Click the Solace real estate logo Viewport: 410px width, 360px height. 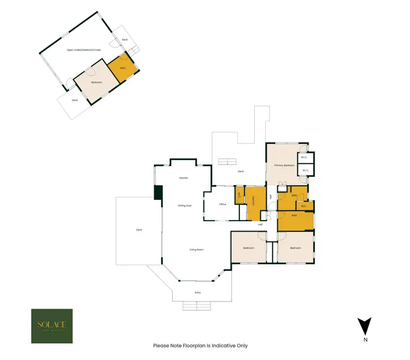click(x=51, y=326)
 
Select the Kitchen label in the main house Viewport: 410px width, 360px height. click(x=184, y=179)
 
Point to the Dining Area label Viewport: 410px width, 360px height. click(x=184, y=206)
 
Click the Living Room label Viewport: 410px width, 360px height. click(x=196, y=250)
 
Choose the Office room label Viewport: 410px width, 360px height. click(x=222, y=204)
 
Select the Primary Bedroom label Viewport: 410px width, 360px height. click(x=285, y=165)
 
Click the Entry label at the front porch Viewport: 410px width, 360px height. click(x=197, y=293)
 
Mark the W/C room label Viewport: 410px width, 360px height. click(x=303, y=206)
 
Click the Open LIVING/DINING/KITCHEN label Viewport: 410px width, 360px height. click(x=83, y=50)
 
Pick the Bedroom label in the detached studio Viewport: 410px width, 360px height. click(x=97, y=82)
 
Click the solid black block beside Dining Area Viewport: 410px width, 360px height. click(x=159, y=193)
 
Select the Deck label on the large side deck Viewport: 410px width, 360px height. click(x=138, y=230)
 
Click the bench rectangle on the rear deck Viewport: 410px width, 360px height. click(x=228, y=161)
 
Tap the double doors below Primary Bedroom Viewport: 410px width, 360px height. click(x=282, y=183)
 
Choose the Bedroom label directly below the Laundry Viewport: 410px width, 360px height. click(x=249, y=248)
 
